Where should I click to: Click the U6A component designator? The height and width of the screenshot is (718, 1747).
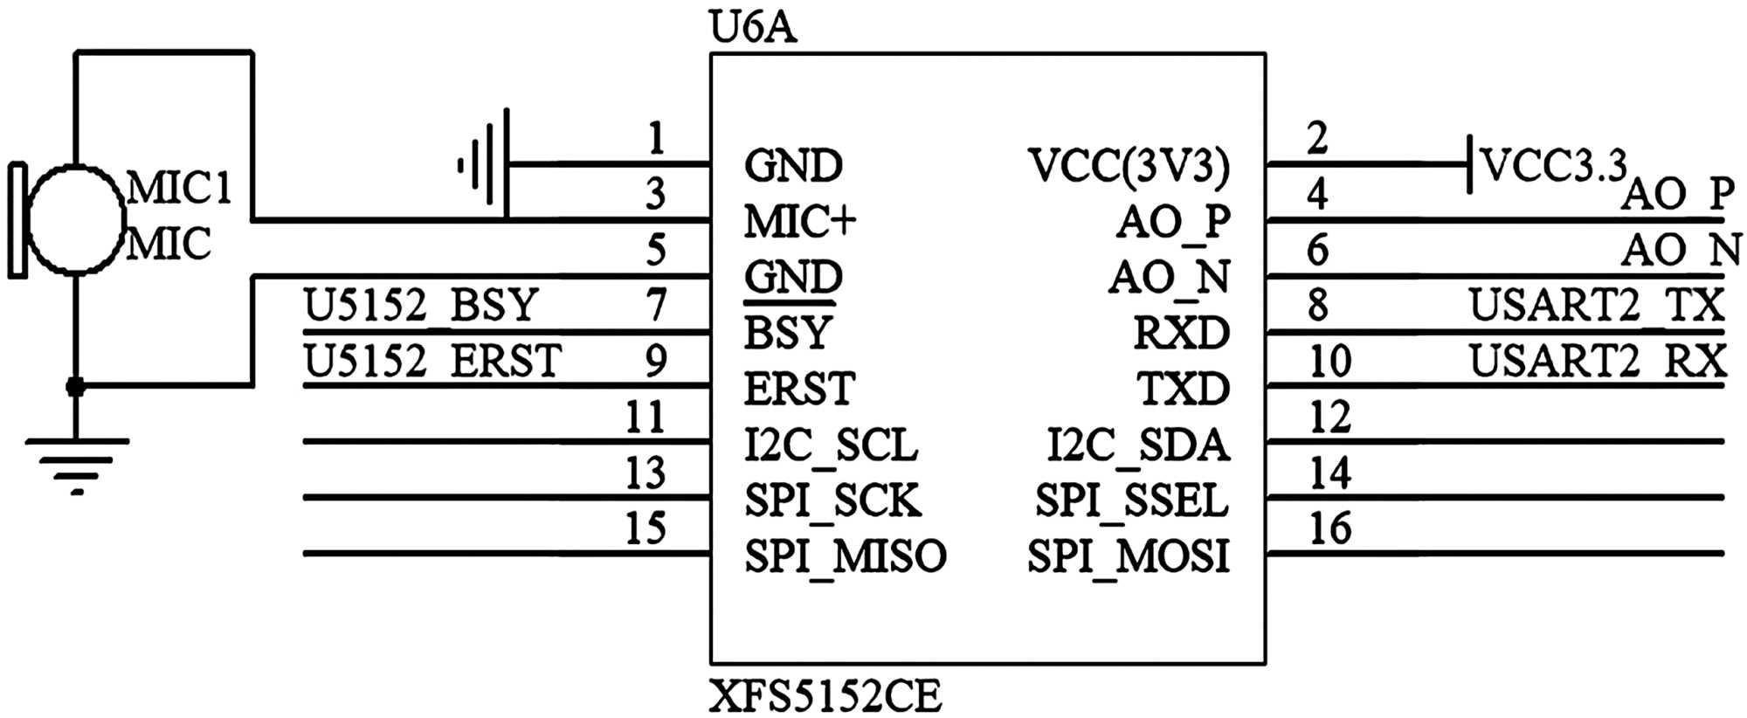(753, 28)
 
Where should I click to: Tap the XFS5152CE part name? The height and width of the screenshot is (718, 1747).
(825, 697)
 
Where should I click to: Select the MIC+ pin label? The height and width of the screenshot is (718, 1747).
(799, 222)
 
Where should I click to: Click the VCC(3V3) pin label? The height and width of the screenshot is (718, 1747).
(1129, 166)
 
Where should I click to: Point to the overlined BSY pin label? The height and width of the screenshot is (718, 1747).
(788, 333)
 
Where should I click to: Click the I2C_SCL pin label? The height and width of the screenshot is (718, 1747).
(831, 445)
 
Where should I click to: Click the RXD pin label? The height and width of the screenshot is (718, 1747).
(1181, 333)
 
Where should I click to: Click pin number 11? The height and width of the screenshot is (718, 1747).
(646, 417)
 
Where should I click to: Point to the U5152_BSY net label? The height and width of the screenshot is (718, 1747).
(420, 306)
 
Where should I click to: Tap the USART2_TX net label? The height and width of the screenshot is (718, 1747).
(1596, 306)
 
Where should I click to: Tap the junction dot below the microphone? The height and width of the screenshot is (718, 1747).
(76, 386)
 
